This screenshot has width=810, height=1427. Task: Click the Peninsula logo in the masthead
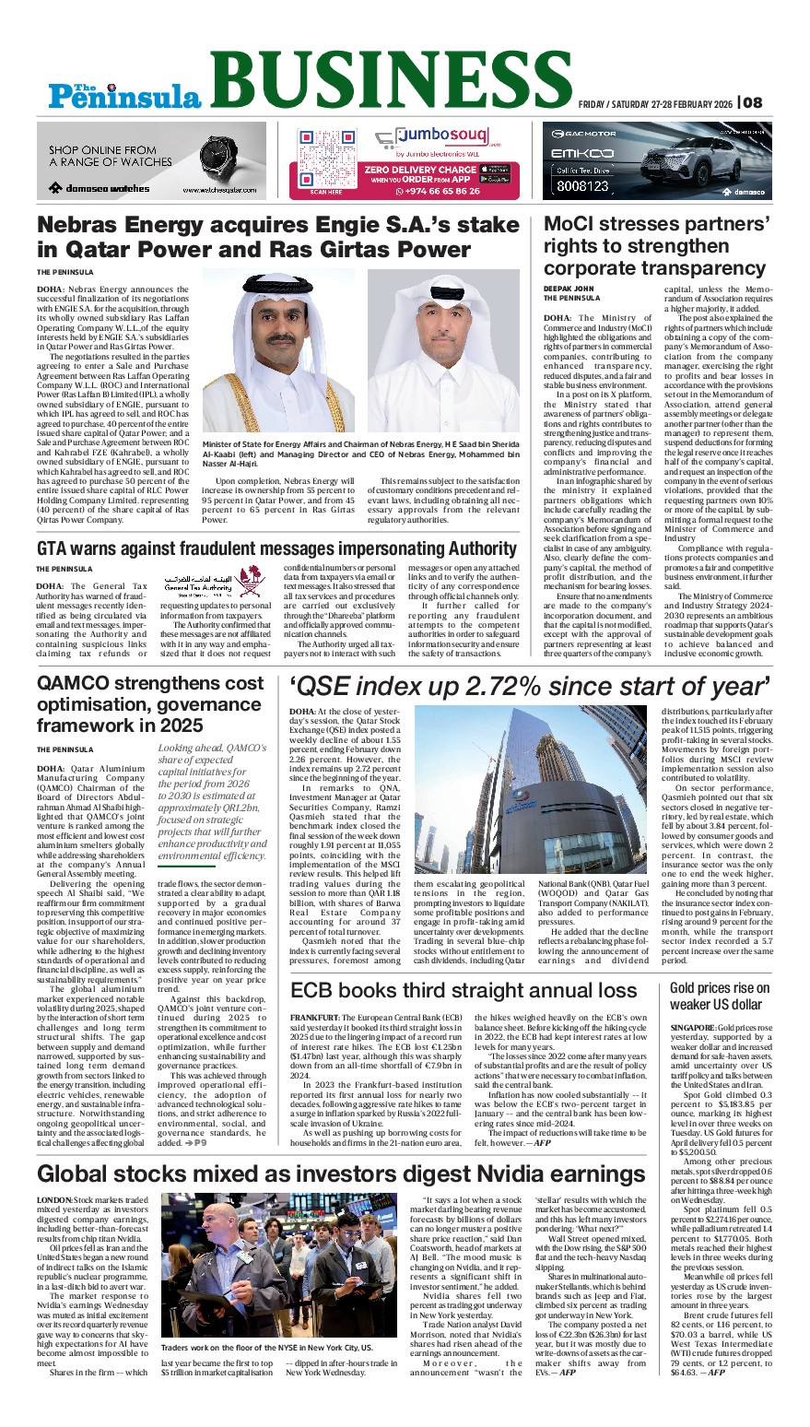point(125,92)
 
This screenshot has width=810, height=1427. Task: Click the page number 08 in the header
point(753,102)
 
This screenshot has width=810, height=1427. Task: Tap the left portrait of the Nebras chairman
point(277,350)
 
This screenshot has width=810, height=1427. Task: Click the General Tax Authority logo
point(198,584)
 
